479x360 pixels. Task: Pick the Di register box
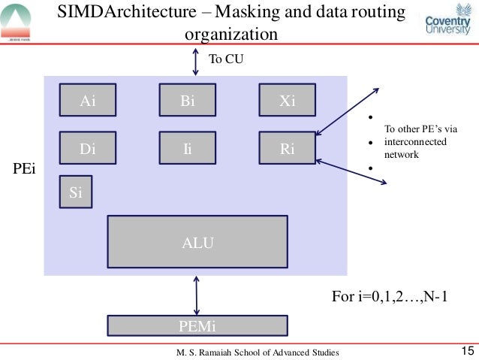click(88, 149)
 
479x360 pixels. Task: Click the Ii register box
click(188, 149)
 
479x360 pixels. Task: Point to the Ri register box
click(287, 149)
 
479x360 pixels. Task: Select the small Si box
click(75, 193)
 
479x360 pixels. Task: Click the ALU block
click(197, 242)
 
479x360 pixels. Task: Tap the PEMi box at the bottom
click(197, 325)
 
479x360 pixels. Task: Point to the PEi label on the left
click(26, 171)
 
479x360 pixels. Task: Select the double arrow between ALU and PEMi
click(197, 295)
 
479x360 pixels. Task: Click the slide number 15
click(465, 350)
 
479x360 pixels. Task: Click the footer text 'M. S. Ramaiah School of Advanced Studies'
click(258, 352)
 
